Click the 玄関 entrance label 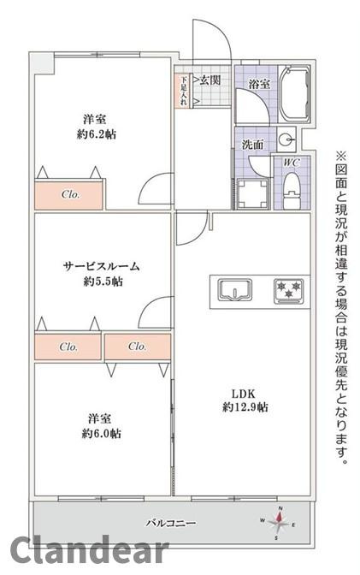(210, 81)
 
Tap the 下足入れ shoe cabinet (183, 91)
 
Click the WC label (289, 162)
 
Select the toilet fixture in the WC (292, 186)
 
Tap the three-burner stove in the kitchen (288, 290)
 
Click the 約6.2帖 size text (94, 135)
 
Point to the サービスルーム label (101, 266)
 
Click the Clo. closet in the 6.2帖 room (70, 194)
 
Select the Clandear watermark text (81, 552)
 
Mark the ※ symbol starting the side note (341, 157)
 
